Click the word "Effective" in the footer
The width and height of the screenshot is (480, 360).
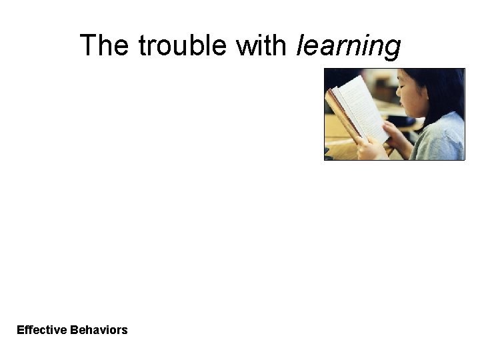pyautogui.click(x=41, y=330)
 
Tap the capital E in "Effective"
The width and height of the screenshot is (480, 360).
pyautogui.click(x=20, y=330)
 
